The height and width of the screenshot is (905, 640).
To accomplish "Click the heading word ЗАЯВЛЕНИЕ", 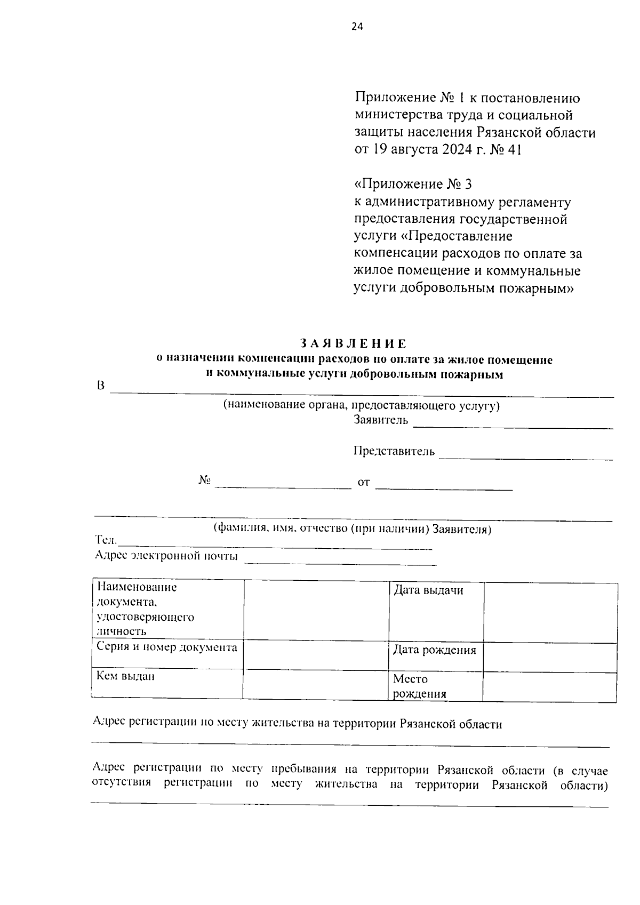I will pyautogui.click(x=353, y=343).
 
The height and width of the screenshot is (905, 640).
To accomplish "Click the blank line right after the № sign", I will pyautogui.click(x=283, y=486).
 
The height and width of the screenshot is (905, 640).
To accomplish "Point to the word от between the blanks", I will pyautogui.click(x=363, y=483).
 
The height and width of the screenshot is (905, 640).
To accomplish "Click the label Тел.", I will pyautogui.click(x=106, y=541).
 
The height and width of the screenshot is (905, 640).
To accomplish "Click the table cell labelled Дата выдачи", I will pyautogui.click(x=428, y=590).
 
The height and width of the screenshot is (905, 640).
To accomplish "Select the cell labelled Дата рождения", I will pyautogui.click(x=434, y=650).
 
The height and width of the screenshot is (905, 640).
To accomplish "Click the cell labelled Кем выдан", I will pyautogui.click(x=125, y=676).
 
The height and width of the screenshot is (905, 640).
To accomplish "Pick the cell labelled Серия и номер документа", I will pyautogui.click(x=166, y=647).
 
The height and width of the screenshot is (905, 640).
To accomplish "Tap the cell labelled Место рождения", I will pyautogui.click(x=419, y=686).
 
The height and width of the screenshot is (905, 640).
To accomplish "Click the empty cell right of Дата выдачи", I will pyautogui.click(x=550, y=612).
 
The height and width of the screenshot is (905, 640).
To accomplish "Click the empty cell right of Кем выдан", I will pyautogui.click(x=315, y=684).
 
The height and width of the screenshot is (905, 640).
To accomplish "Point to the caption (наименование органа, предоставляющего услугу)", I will pyautogui.click(x=361, y=405).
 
